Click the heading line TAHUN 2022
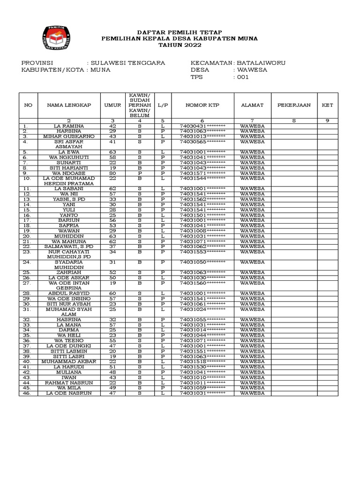pyautogui.click(x=180, y=45)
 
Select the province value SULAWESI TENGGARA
pyautogui.click(x=127, y=63)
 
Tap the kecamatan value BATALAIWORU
pyautogui.click(x=261, y=63)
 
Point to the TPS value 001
pyautogui.click(x=242, y=77)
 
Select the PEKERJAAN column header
pyautogui.click(x=294, y=105)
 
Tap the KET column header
pyautogui.click(x=328, y=105)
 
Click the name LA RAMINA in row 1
pyautogui.click(x=69, y=126)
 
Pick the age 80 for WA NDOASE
pyautogui.click(x=112, y=173)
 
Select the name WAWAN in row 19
pyautogui.click(x=69, y=231)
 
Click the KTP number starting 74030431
pyautogui.click(x=202, y=126)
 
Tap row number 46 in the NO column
pyautogui.click(x=28, y=393)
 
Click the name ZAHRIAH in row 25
pyautogui.click(x=69, y=272)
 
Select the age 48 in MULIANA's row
pyautogui.click(x=112, y=372)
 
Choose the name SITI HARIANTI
pyautogui.click(x=69, y=168)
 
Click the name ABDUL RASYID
pyautogui.click(x=69, y=293)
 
